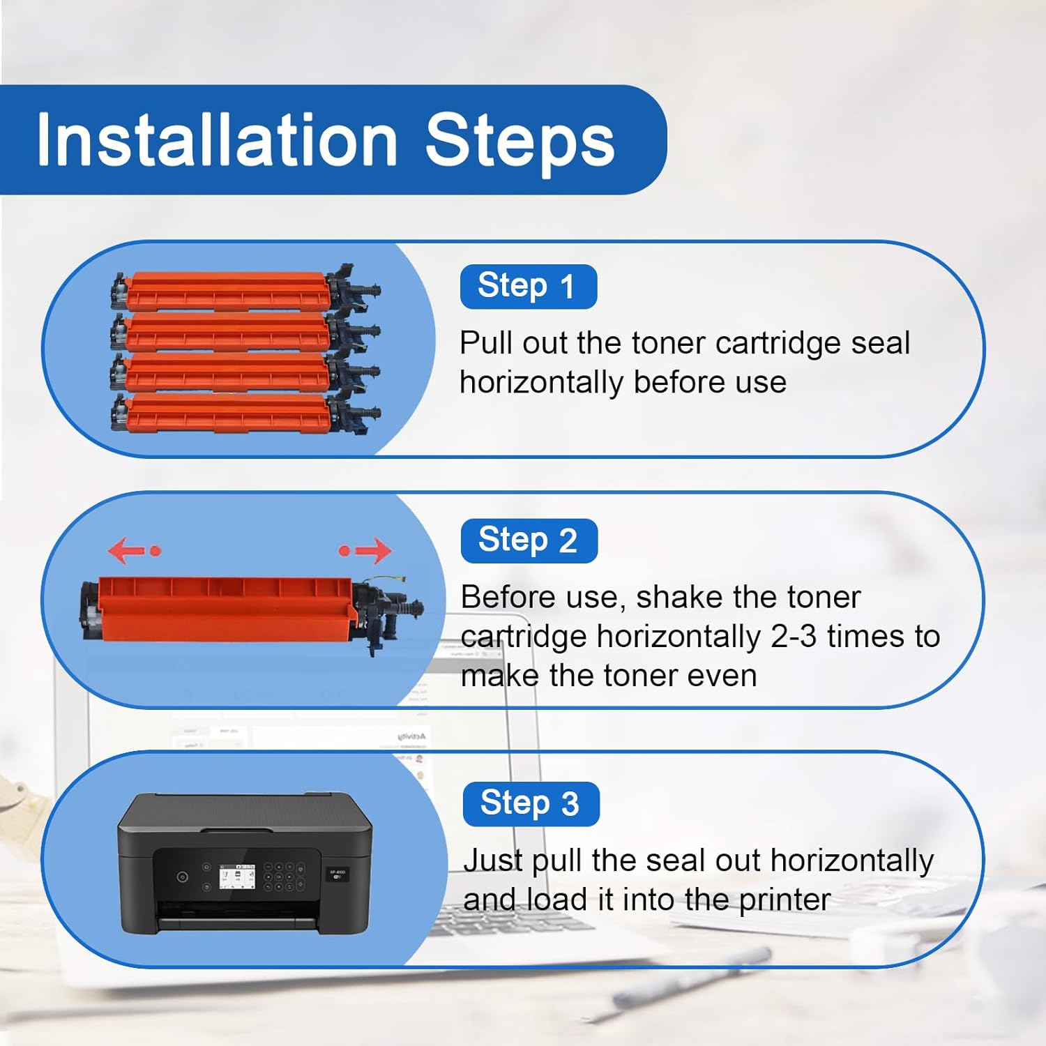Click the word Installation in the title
(x=217, y=139)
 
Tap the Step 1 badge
(x=529, y=287)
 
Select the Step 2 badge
(x=529, y=540)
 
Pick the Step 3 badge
(x=531, y=803)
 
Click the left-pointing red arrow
(x=135, y=550)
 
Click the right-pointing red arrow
(x=365, y=550)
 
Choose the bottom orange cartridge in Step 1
(x=245, y=413)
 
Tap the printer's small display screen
(x=237, y=877)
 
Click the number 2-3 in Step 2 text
(x=794, y=636)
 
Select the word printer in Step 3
(x=784, y=901)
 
